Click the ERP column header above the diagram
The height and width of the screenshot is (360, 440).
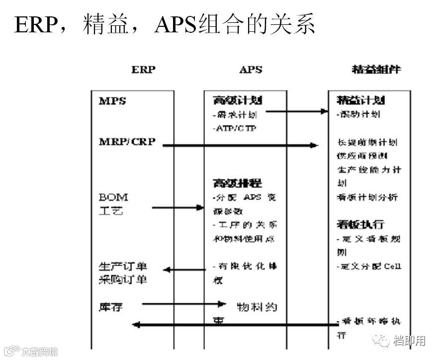143,70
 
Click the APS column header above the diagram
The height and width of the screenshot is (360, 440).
251,70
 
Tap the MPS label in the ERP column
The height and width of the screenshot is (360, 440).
112,101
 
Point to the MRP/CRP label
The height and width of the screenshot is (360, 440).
127,142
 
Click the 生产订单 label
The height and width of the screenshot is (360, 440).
123,266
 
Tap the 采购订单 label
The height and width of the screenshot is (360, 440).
123,279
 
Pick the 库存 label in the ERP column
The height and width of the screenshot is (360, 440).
111,307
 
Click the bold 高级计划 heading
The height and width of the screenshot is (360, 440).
237,101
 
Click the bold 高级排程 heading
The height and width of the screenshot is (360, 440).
237,183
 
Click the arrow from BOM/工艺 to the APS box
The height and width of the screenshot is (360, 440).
177,207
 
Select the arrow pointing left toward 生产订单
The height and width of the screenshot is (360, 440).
184,270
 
